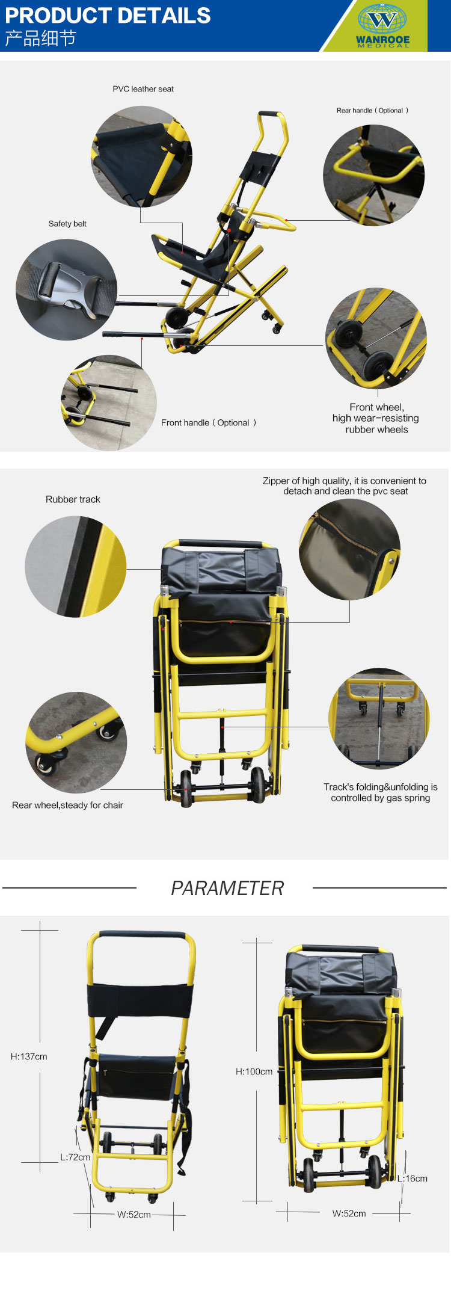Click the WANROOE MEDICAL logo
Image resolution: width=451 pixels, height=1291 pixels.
coord(383,25)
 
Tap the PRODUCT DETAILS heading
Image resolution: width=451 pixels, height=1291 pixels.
coord(108,15)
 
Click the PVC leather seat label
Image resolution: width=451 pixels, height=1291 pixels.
coord(143,89)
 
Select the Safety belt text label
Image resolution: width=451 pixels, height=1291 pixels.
coord(67,224)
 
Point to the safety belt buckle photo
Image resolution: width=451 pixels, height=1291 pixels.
coord(66,290)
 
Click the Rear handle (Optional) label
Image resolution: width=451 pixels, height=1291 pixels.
coord(372,110)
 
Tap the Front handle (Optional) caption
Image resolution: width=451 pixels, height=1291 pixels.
coord(209,423)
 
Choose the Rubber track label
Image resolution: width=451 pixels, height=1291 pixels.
coord(73,499)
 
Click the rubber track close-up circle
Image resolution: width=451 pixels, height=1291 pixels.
coord(76,567)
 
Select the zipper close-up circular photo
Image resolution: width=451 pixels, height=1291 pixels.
coord(350,549)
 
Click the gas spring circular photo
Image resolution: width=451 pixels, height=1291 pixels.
coord(379,718)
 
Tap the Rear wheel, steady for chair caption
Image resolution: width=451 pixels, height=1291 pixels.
coord(67,806)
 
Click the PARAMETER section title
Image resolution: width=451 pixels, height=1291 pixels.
coord(227,888)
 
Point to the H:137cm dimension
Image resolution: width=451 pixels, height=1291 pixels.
coord(29,1056)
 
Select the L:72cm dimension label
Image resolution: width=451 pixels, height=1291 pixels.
coord(75,1157)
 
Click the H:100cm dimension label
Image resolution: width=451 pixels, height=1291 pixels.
coord(254,1071)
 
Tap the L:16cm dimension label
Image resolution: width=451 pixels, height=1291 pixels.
coord(413,1179)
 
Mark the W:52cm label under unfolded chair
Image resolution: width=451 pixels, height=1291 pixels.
coord(134,1215)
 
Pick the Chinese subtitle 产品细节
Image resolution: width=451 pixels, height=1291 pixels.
coord(40,39)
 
